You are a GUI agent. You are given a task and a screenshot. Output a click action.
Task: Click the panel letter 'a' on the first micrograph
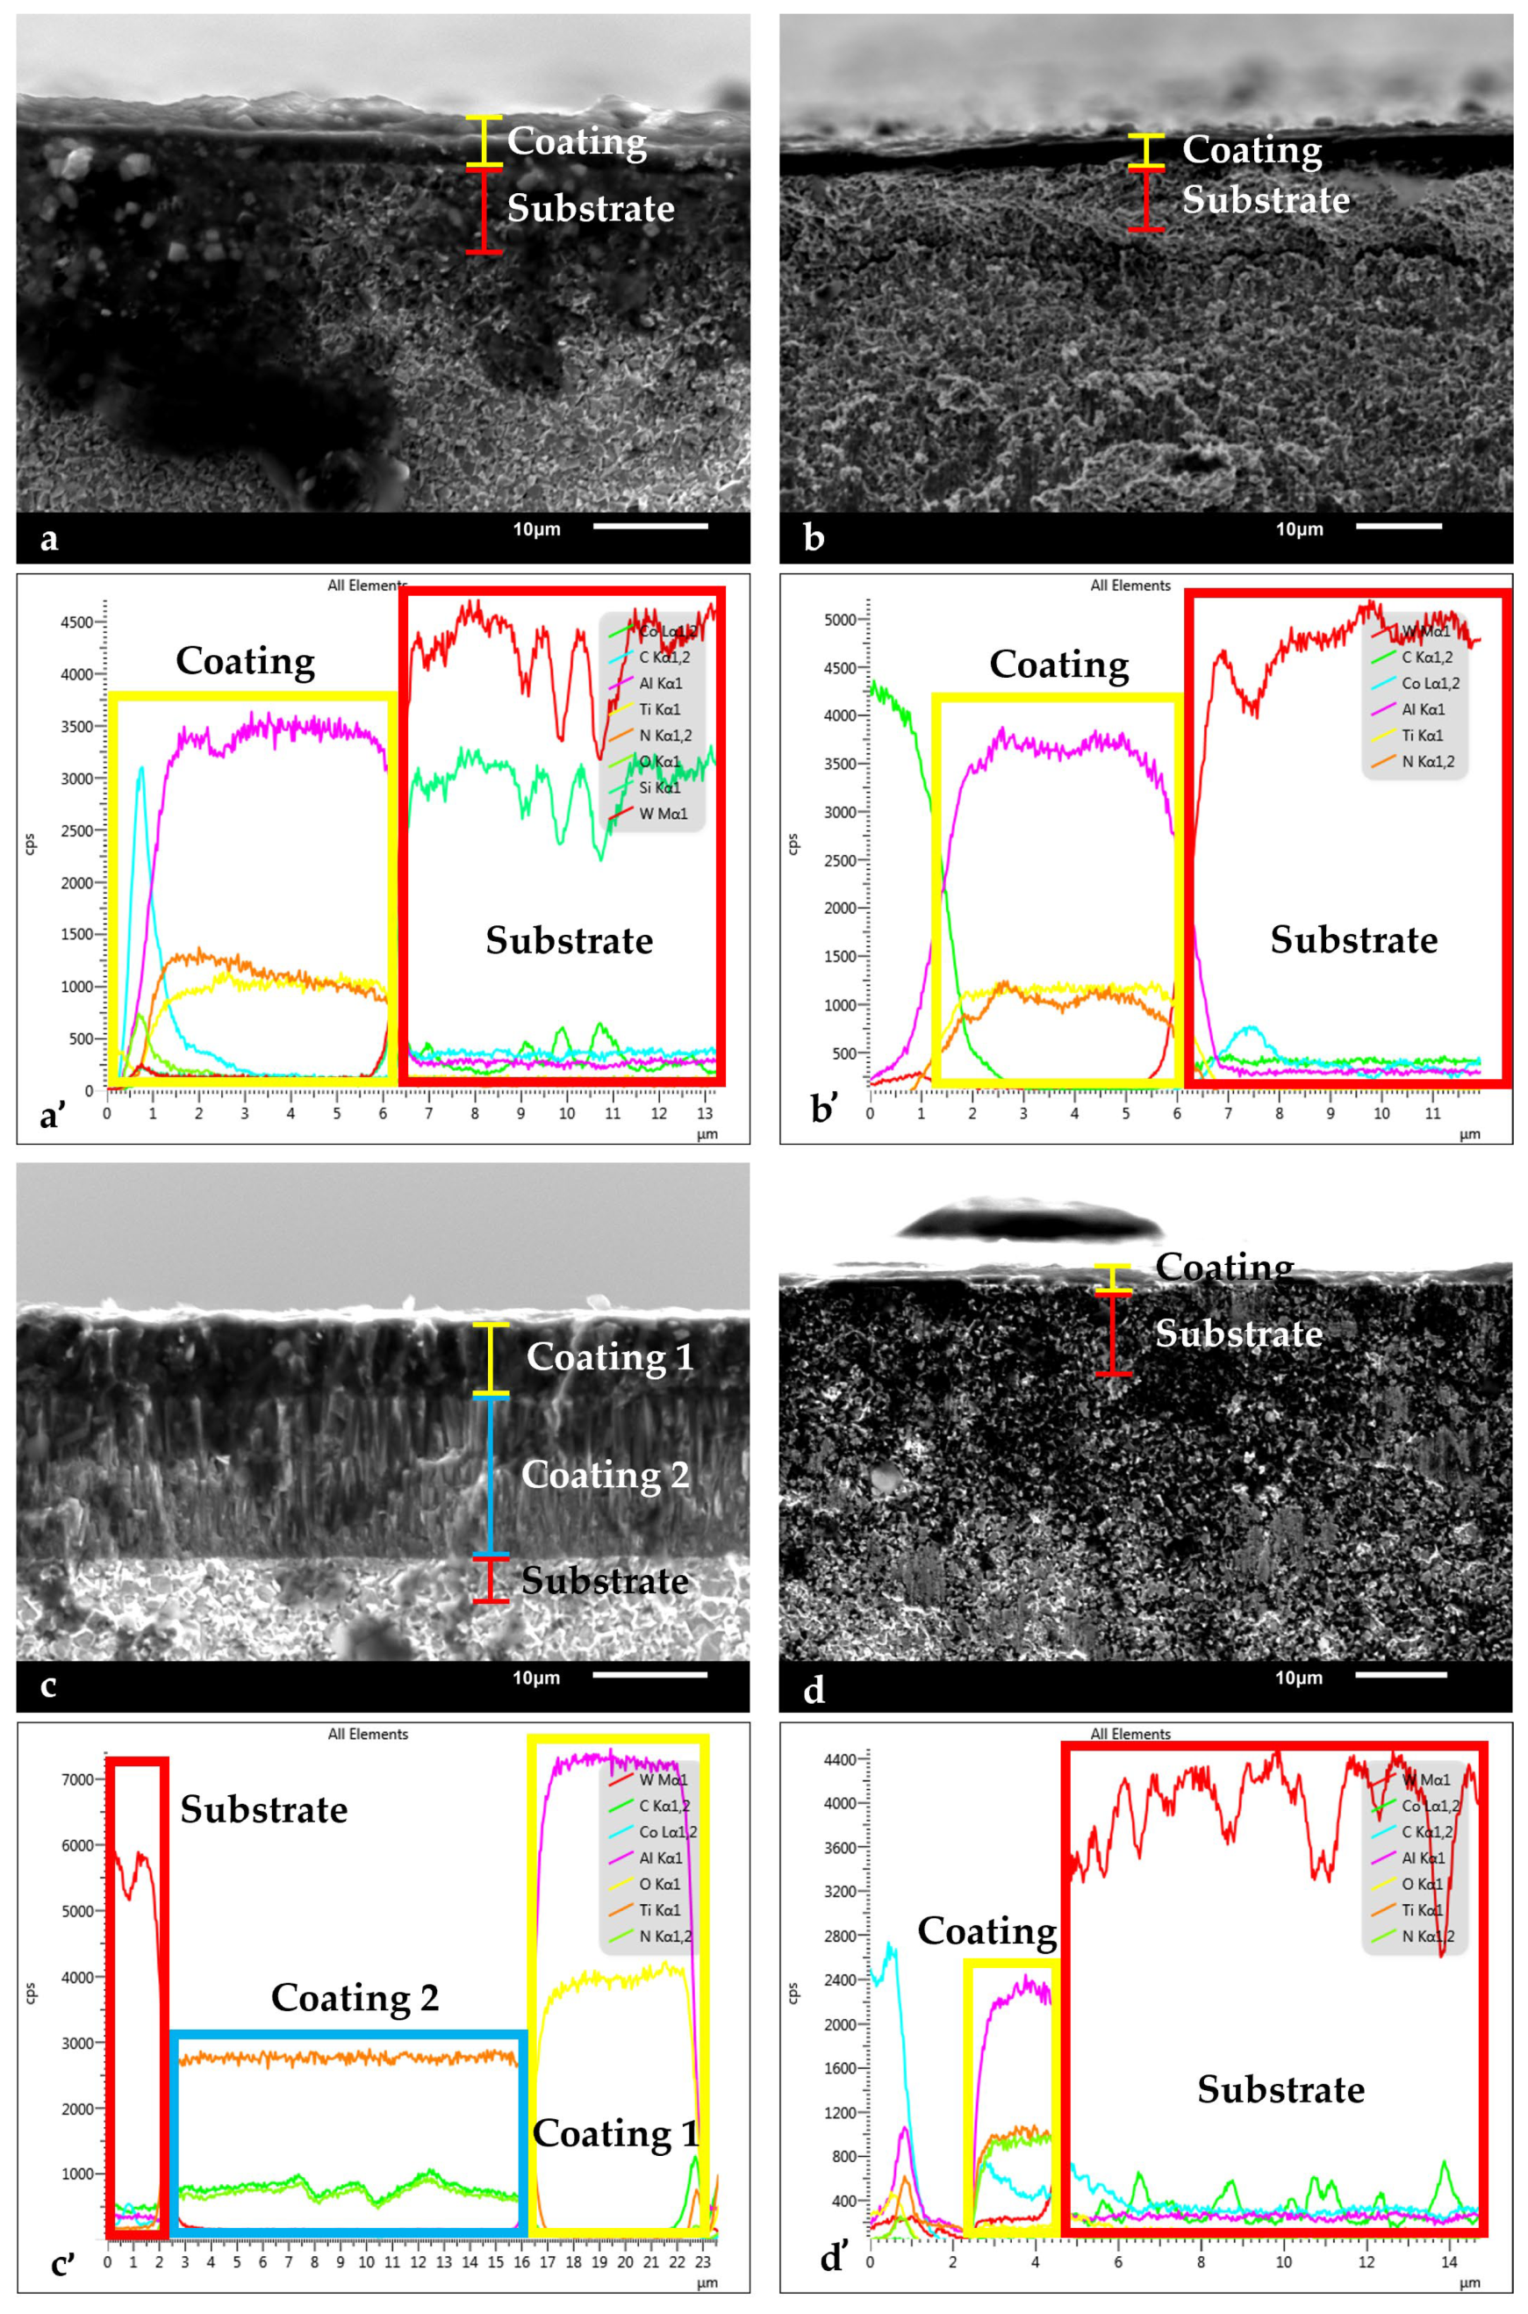49,538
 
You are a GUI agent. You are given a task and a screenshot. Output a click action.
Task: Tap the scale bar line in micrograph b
1397,527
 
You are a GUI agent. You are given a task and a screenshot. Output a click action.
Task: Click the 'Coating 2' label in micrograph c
606,1475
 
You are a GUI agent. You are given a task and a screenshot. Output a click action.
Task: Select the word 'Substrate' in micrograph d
1238,1333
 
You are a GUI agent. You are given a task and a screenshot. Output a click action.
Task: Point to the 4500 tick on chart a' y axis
77,622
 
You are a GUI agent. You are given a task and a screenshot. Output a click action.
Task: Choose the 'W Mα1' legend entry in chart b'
1425,632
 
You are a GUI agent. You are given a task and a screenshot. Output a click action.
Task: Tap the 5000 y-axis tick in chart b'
839,620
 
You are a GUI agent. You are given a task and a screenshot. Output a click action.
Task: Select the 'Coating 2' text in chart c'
355,1997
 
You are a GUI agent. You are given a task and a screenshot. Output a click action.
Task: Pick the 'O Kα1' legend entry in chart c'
660,1884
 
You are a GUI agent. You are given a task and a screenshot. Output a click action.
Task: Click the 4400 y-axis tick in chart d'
839,1759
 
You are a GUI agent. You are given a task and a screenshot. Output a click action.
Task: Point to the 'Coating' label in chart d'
987,1931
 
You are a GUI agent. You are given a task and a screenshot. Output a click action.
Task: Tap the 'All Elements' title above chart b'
1130,586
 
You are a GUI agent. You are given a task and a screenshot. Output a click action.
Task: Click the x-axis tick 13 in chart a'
706,1113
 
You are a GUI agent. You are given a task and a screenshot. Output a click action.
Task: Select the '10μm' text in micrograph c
536,1678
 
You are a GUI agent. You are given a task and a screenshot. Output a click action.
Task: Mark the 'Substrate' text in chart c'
264,1809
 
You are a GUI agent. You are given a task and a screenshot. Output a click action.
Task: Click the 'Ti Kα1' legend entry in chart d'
1423,1910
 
